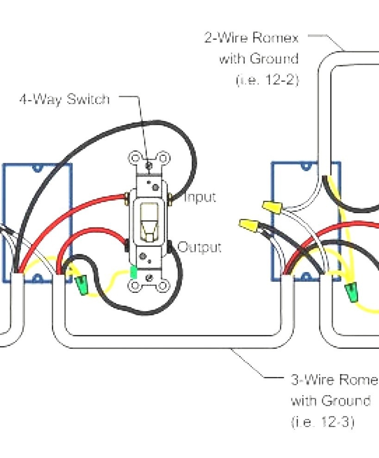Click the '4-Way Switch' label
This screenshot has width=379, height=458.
(x=64, y=99)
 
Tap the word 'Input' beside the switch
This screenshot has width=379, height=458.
(x=200, y=198)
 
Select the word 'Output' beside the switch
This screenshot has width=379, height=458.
(x=199, y=247)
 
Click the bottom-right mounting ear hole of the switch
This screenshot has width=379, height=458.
(x=162, y=286)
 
